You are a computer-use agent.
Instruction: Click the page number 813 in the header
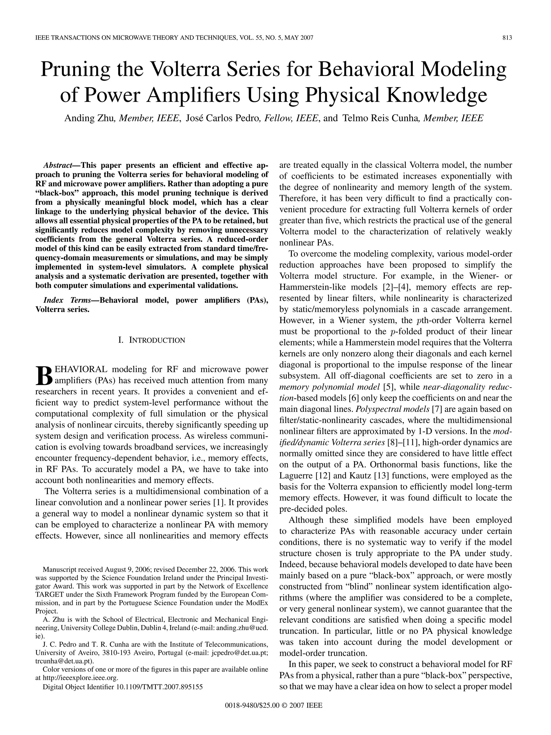(507, 38)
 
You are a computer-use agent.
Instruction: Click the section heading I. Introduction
(151, 340)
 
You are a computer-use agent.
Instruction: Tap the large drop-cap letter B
(44, 375)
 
